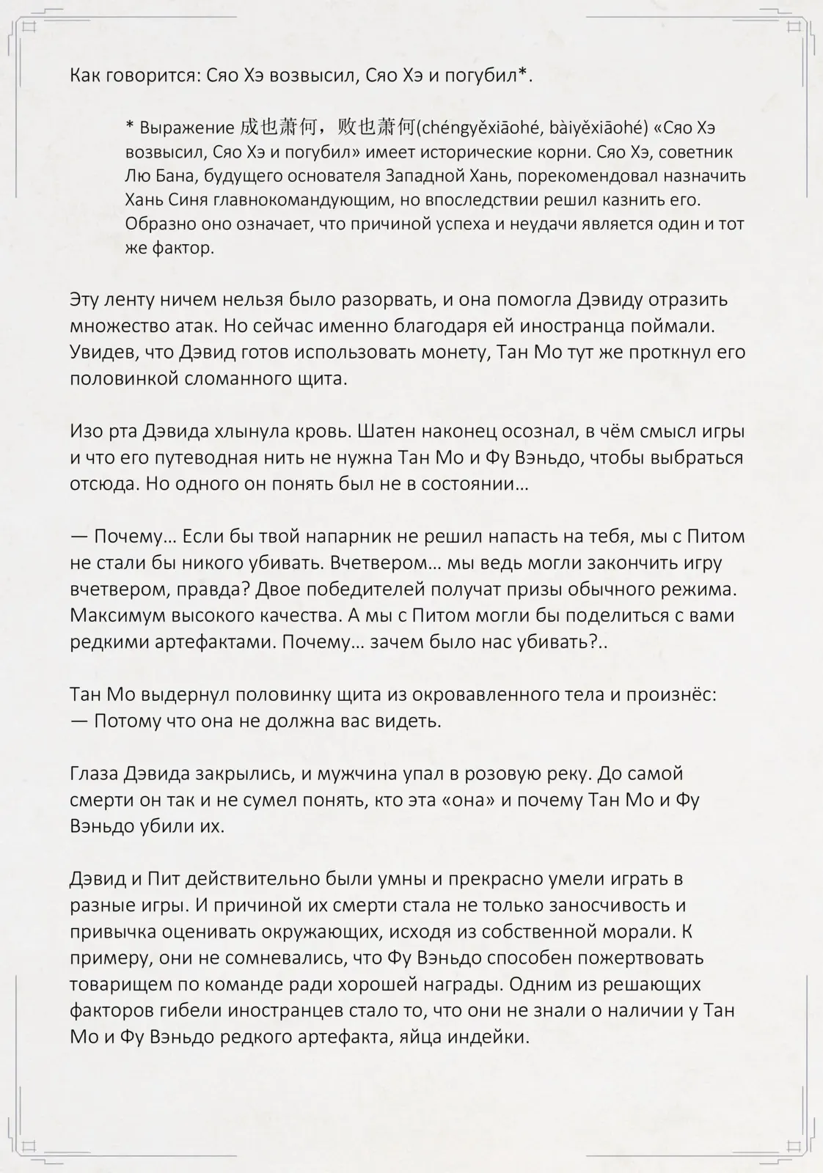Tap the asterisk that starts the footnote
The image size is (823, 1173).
tap(129, 127)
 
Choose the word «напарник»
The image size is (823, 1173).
tap(347, 537)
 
